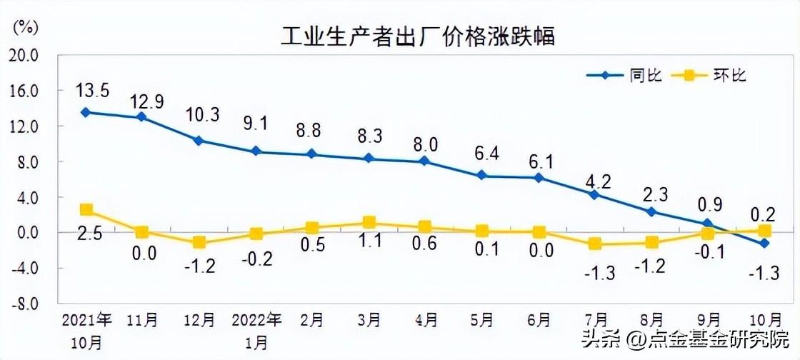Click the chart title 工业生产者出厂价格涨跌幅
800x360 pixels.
click(417, 36)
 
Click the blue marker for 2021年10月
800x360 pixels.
click(86, 112)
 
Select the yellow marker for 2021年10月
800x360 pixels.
click(86, 210)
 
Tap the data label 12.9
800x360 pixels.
click(146, 101)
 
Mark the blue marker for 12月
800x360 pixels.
click(199, 141)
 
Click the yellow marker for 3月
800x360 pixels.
click(369, 223)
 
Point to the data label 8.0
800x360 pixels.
click(425, 145)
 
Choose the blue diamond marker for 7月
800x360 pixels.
click(595, 194)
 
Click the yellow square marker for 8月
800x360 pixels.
click(651, 243)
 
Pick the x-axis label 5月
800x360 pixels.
click(482, 319)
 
